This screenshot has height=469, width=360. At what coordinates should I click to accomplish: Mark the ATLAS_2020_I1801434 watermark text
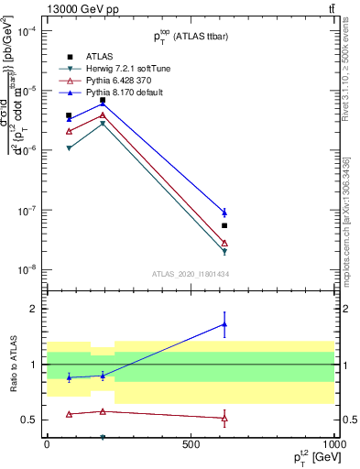coord(190,274)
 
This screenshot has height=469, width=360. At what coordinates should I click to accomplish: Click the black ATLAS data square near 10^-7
coord(224,225)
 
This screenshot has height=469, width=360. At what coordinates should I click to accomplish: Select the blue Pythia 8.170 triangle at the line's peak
coord(103,104)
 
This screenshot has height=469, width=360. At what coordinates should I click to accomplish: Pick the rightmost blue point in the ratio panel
coord(224,324)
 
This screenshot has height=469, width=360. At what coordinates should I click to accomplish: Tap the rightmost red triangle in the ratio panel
coord(224,418)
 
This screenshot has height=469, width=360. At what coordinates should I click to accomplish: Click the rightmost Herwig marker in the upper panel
coord(224,251)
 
